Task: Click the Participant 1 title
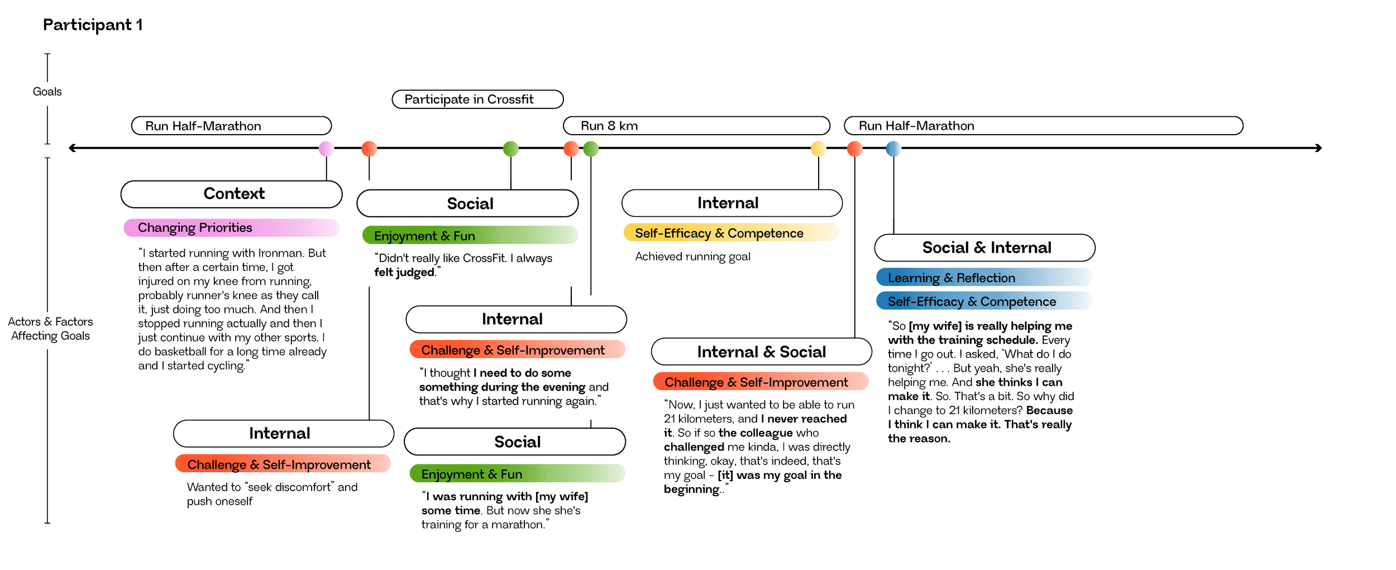pos(93,25)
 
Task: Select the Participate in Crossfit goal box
pos(477,99)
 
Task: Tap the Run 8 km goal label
pos(609,126)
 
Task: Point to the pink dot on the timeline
pos(327,149)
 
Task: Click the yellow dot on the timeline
pos(818,149)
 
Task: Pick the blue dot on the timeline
pos(893,149)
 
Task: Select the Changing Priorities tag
pos(195,228)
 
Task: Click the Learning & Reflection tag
pos(952,278)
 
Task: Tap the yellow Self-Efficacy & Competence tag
pos(719,233)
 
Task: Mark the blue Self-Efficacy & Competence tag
pos(972,302)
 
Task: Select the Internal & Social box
pos(761,352)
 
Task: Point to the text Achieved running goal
pos(692,256)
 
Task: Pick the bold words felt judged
pos(404,272)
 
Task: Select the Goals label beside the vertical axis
pos(47,92)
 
